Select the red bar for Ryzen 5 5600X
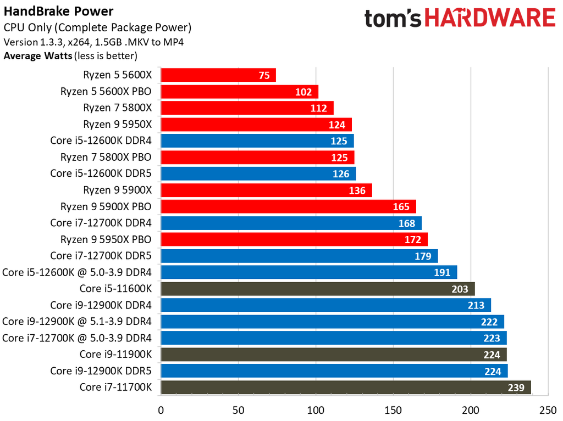218,75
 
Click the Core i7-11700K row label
115,388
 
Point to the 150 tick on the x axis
393,409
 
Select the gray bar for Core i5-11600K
317,289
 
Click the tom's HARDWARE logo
460,18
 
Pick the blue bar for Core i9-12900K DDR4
325,305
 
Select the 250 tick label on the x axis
547,409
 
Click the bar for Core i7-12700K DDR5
299,256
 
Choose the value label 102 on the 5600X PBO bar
303,92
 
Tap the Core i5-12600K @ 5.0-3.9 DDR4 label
77,272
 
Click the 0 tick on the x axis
161,409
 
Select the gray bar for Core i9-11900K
333,355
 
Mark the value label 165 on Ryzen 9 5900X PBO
401,207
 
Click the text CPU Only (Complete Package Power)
97,27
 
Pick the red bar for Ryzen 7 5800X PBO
257,158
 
